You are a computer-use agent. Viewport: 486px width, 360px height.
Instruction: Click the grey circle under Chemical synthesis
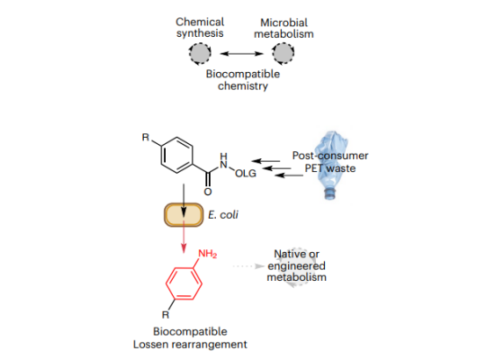[200, 54]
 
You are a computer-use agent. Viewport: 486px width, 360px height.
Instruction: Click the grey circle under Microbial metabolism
[283, 54]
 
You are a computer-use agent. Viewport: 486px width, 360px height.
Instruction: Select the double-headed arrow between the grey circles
[241, 54]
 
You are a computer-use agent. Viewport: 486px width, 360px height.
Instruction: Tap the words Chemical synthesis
[200, 28]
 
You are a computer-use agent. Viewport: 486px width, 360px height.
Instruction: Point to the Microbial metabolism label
[283, 28]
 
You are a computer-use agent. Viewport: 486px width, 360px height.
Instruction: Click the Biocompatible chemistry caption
[243, 80]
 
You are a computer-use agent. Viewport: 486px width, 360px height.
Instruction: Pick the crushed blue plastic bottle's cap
[329, 193]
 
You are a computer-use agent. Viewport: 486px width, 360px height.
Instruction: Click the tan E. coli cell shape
[184, 215]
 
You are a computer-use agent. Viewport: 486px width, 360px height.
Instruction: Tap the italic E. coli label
[223, 214]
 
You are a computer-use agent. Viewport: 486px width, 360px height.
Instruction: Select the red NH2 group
[207, 254]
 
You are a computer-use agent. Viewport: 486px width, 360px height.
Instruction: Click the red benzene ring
[184, 283]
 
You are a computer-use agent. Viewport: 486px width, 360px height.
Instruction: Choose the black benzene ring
[176, 155]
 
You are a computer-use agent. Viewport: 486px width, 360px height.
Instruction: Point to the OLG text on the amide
[246, 174]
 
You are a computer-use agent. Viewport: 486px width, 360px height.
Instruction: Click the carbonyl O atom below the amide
[208, 192]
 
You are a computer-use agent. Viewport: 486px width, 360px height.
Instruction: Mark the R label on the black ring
[146, 137]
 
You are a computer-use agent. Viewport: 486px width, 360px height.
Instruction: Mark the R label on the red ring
[166, 315]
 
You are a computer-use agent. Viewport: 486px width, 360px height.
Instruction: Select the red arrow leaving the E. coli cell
[184, 237]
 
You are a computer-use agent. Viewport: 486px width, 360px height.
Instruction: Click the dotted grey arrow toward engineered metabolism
[248, 266]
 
